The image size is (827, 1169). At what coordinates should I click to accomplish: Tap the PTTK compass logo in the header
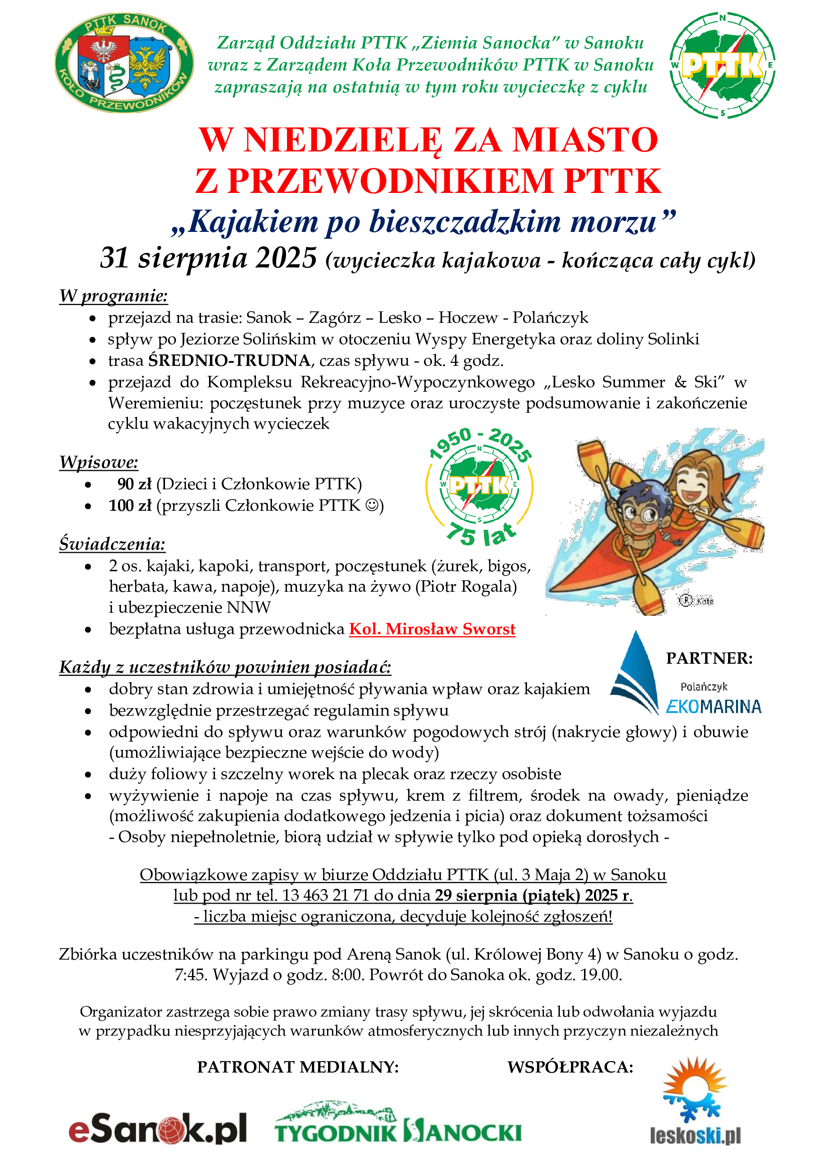click(722, 64)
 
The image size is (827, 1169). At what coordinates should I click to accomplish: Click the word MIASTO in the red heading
click(585, 140)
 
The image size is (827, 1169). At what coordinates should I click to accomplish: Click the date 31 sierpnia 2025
click(208, 258)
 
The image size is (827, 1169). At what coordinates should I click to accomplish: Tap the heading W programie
click(113, 296)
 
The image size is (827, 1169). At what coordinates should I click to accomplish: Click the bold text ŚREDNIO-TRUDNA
click(229, 360)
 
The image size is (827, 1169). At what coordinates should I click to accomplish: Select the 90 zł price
click(134, 484)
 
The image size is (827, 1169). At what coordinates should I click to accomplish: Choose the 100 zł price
click(130, 506)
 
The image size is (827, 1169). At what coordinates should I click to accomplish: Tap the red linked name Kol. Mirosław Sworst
click(432, 629)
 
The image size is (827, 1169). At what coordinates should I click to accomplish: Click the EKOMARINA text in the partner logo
click(713, 706)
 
